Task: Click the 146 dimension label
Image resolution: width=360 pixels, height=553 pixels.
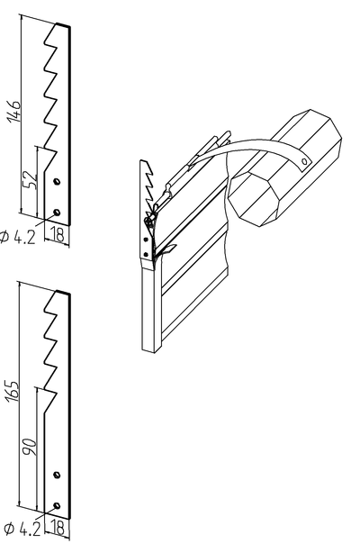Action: tap(15, 111)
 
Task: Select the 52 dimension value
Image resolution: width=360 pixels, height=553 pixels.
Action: tap(31, 180)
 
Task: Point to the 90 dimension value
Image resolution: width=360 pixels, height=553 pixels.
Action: tap(30, 447)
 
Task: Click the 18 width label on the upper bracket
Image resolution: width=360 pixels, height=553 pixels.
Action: tap(57, 234)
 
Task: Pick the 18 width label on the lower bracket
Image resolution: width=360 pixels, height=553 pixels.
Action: tap(58, 528)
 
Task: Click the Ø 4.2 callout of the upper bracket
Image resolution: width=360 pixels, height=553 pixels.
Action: tap(18, 238)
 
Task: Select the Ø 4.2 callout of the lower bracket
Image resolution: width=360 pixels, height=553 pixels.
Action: tap(22, 530)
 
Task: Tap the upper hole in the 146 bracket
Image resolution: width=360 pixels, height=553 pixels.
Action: tap(56, 182)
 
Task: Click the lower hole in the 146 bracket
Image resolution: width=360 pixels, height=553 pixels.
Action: tap(56, 212)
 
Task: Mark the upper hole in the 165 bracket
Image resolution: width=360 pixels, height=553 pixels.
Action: tap(57, 475)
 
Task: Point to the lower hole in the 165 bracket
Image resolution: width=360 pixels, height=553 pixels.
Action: tap(57, 506)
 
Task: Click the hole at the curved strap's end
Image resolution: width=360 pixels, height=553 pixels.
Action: tap(304, 161)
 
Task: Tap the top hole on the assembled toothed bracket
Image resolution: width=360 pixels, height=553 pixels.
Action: tap(145, 240)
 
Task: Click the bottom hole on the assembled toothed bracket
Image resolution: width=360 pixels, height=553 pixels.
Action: tap(145, 254)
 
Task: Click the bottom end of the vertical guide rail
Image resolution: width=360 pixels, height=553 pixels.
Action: tap(148, 350)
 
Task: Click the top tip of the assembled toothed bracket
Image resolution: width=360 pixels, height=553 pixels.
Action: tap(141, 161)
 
